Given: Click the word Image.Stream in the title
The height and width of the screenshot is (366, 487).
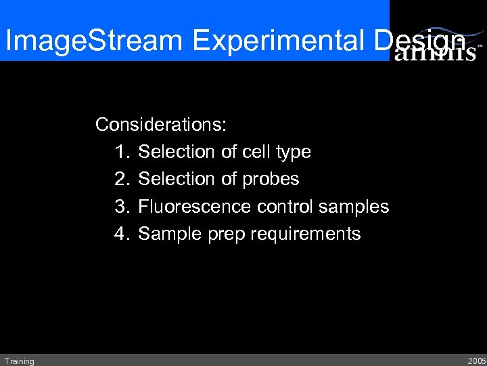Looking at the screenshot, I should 94,42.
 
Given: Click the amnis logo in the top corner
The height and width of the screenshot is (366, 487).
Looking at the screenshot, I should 436,52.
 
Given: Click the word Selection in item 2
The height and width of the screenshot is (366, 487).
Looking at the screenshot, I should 177,179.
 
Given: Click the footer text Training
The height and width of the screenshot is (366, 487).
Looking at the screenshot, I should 19,361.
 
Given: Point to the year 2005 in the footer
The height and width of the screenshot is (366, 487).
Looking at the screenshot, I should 476,361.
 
